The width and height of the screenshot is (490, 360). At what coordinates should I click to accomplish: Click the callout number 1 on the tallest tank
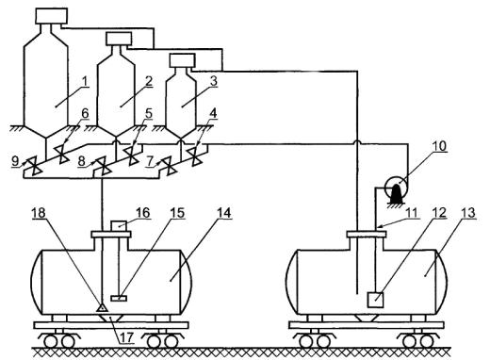84,82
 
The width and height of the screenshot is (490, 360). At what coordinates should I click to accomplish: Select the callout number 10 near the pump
439,146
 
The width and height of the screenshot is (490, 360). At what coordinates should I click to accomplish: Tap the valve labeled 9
33,165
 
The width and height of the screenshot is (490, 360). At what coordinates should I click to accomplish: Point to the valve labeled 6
63,155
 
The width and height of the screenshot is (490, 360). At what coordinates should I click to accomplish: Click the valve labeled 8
103,165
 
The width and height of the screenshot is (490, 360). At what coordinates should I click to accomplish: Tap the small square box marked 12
375,299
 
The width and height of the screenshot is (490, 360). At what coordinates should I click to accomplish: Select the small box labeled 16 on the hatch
119,226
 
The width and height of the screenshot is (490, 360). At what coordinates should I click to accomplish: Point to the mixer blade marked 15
119,298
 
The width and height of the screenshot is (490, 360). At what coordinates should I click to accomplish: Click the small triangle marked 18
102,307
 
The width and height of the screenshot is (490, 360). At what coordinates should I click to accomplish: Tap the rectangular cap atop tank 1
52,16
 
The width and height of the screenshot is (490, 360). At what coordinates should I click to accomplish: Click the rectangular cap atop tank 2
119,39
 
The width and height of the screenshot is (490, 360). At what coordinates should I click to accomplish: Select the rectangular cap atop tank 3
182,60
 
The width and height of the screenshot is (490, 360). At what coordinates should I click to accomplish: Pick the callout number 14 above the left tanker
224,213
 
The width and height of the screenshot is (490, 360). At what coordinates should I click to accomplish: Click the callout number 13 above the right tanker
468,213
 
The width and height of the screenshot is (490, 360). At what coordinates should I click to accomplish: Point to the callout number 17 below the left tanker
126,337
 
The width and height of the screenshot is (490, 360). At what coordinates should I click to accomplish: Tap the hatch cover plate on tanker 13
367,234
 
